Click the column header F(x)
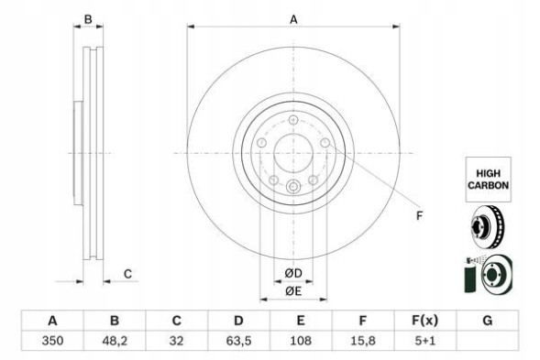pos(424,322)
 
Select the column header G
pos(487,322)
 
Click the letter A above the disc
pos(293,18)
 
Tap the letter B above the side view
pos(88,18)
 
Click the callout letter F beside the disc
pos(419,216)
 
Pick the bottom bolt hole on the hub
pos(293,189)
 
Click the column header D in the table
pos(237,322)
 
